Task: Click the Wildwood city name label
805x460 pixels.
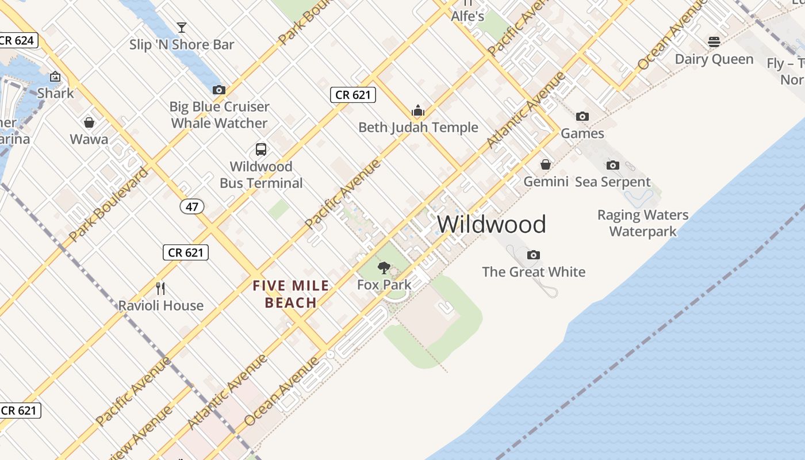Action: pyautogui.click(x=491, y=224)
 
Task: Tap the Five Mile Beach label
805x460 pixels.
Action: pyautogui.click(x=291, y=294)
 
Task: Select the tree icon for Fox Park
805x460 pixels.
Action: pyautogui.click(x=384, y=268)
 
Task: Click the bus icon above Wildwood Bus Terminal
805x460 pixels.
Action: pyautogui.click(x=261, y=149)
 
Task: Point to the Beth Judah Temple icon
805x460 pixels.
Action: pyautogui.click(x=418, y=110)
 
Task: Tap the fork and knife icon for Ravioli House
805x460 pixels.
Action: pyautogui.click(x=160, y=288)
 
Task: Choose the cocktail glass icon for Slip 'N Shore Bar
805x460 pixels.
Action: pyautogui.click(x=182, y=27)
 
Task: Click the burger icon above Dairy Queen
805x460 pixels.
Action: pyautogui.click(x=714, y=42)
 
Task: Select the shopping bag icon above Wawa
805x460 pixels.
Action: pyautogui.click(x=89, y=122)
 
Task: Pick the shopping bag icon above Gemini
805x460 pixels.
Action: pyautogui.click(x=546, y=165)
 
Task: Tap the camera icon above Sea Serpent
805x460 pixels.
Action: pyautogui.click(x=613, y=165)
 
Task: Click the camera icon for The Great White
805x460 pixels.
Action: pyautogui.click(x=534, y=255)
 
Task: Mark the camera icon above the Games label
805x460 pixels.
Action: pyautogui.click(x=582, y=116)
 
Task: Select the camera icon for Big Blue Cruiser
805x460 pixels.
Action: pyautogui.click(x=219, y=90)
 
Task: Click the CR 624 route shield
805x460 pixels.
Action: pyautogui.click(x=18, y=40)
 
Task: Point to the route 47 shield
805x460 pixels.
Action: pyautogui.click(x=191, y=206)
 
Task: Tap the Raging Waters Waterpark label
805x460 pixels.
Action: pyautogui.click(x=642, y=223)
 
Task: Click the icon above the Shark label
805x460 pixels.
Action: pyautogui.click(x=55, y=76)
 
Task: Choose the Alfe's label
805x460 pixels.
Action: pyautogui.click(x=467, y=16)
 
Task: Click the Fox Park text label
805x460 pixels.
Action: pyautogui.click(x=384, y=285)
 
